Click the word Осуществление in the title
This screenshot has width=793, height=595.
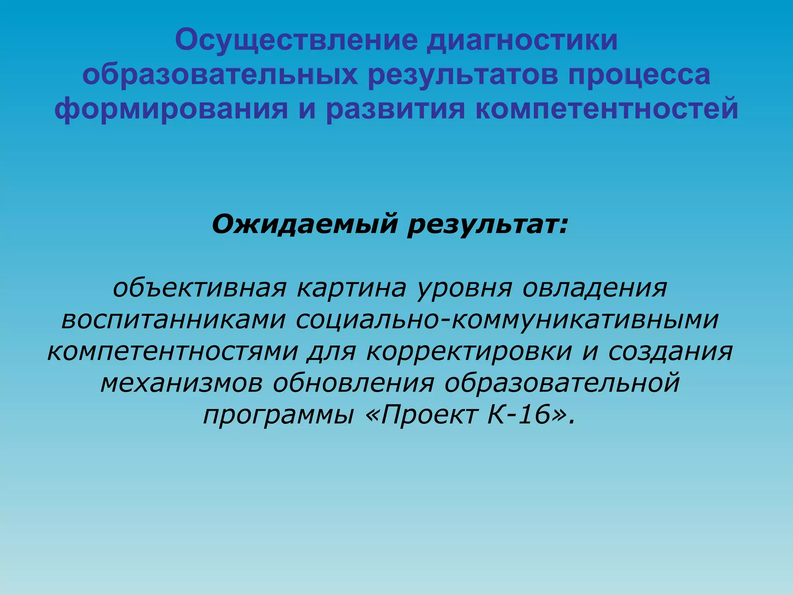click(296, 40)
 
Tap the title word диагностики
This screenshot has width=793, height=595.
click(522, 40)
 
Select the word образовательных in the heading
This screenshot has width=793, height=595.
click(220, 74)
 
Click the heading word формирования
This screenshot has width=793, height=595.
click(171, 108)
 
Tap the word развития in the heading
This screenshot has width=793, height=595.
click(395, 108)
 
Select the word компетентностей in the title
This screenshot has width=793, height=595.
click(607, 108)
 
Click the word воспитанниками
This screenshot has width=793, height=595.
click(173, 320)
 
